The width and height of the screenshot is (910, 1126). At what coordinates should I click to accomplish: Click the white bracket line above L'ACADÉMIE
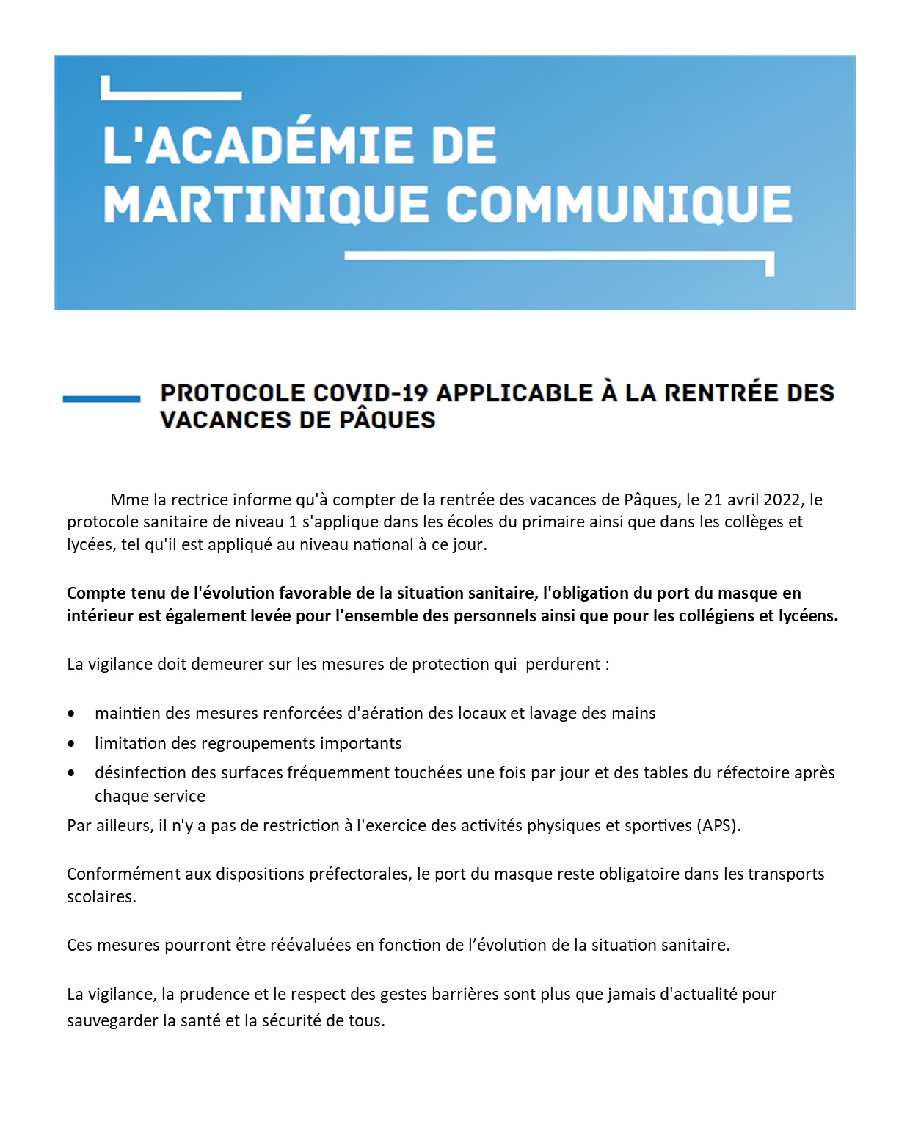point(172,95)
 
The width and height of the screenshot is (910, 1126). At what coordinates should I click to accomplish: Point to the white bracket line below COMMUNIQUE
point(558,256)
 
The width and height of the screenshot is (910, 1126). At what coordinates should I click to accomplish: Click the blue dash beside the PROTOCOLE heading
point(101,398)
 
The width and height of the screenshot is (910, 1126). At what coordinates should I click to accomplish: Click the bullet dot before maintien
point(71,713)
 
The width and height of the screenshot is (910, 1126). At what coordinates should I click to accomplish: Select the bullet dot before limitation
point(71,743)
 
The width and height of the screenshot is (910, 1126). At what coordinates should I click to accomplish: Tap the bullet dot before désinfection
point(71,772)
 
